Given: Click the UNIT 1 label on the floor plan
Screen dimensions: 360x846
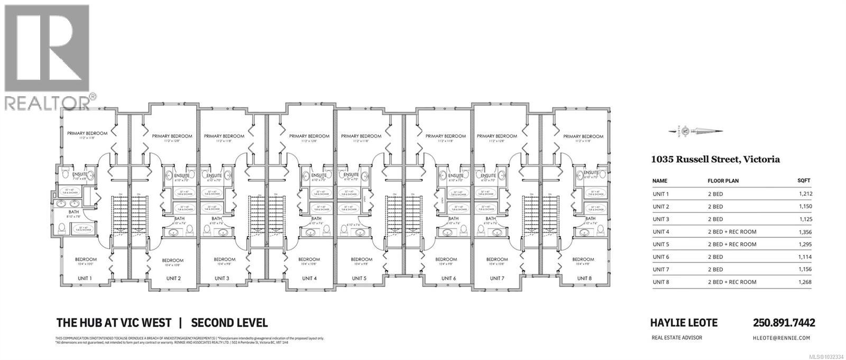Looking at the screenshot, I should pyautogui.click(x=85, y=278).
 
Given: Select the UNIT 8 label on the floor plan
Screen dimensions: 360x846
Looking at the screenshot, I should pyautogui.click(x=584, y=278).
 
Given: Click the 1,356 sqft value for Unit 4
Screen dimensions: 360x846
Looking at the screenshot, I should pyautogui.click(x=805, y=232).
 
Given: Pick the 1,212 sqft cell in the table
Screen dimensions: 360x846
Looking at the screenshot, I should pyautogui.click(x=805, y=194).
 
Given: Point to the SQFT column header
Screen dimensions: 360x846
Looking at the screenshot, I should pyautogui.click(x=804, y=181).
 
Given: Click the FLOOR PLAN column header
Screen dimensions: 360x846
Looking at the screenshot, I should pyautogui.click(x=723, y=181).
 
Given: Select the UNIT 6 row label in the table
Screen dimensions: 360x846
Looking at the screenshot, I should pyautogui.click(x=661, y=257).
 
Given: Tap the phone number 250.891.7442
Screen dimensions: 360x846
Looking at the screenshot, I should pyautogui.click(x=784, y=322).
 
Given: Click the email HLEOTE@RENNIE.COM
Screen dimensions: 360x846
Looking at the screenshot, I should pyautogui.click(x=784, y=338).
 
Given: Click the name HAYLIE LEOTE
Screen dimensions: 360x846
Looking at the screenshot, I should pyautogui.click(x=683, y=322).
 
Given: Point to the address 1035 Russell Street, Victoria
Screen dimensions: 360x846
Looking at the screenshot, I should pyautogui.click(x=715, y=159).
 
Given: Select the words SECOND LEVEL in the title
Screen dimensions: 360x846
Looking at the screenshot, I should pyautogui.click(x=229, y=322).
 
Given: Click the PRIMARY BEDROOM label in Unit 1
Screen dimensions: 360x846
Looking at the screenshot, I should pyautogui.click(x=87, y=133).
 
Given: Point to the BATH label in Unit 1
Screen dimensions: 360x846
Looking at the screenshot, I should pyautogui.click(x=67, y=211).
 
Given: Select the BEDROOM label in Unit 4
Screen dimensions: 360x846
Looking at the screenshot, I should pyautogui.click(x=309, y=259).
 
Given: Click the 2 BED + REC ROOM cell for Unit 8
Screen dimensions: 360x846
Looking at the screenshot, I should pyautogui.click(x=732, y=282).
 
